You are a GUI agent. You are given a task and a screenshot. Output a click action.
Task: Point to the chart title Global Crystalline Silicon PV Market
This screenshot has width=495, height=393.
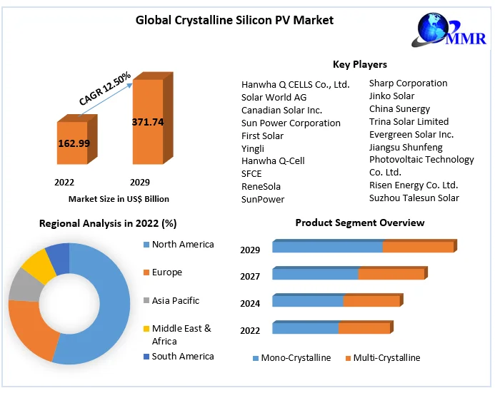234,20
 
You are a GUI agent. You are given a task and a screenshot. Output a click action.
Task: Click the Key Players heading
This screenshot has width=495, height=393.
360,65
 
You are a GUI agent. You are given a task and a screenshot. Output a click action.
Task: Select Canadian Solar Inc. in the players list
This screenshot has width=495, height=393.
281,110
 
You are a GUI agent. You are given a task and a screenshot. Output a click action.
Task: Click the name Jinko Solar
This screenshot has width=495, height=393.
391,96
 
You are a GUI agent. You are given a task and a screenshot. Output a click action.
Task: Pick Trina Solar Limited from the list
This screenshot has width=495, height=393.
409,121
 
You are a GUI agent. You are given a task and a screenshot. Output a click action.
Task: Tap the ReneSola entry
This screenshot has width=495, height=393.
261,186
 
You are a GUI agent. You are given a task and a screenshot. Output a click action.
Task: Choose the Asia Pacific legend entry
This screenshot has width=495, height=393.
175,300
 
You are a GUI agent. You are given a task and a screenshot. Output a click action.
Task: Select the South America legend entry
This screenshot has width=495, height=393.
182,356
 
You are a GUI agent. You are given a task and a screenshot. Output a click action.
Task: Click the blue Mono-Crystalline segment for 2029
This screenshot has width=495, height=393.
327,247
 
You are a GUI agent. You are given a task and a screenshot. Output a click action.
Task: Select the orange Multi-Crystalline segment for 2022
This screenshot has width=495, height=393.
364,328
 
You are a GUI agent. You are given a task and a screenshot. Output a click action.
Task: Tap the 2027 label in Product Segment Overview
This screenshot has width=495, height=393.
250,276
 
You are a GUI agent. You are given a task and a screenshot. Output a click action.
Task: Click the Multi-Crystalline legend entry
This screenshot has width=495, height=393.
386,357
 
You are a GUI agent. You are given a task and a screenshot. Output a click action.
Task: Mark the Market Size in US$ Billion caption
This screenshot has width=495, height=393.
119,199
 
